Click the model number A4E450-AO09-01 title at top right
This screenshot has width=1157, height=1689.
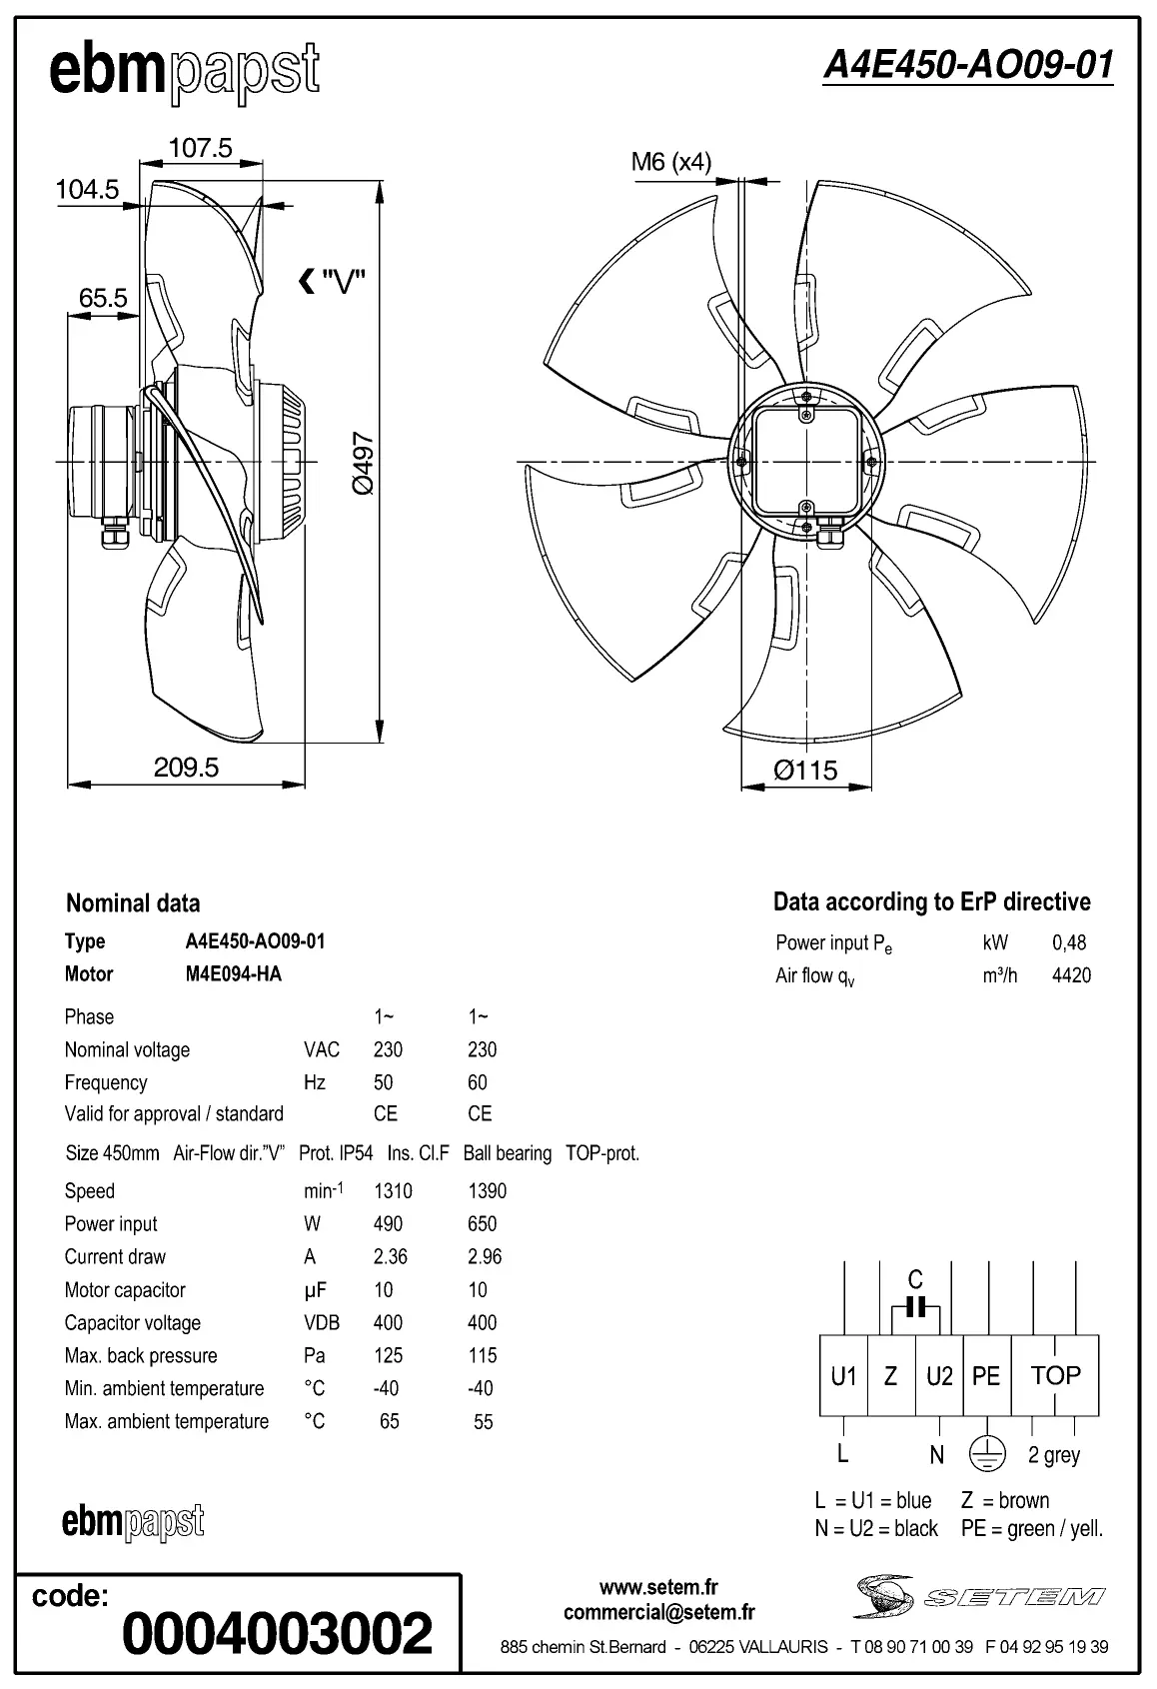click(x=967, y=65)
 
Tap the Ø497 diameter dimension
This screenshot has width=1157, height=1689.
click(x=364, y=463)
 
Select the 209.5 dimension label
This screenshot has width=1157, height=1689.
click(x=186, y=768)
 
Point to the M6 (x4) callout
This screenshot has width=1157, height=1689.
click(x=670, y=161)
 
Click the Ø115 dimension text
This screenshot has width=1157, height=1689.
click(x=805, y=770)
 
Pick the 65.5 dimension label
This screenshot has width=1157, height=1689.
click(x=103, y=298)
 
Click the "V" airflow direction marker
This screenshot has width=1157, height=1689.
click(x=333, y=283)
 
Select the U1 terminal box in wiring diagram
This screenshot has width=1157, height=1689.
click(x=843, y=1376)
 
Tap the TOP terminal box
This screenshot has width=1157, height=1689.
click(x=1055, y=1376)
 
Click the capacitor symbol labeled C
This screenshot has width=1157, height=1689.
click(x=916, y=1306)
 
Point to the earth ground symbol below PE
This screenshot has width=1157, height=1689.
click(x=986, y=1456)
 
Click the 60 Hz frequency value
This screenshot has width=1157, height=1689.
click(x=478, y=1082)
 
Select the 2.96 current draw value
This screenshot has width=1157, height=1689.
click(x=484, y=1256)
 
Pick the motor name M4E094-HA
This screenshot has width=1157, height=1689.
click(x=233, y=973)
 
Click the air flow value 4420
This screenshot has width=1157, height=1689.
click(x=1071, y=975)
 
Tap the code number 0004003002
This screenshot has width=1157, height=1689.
click(x=278, y=1633)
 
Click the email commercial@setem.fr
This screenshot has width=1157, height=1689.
click(x=658, y=1612)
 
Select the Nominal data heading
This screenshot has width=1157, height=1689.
click(x=133, y=903)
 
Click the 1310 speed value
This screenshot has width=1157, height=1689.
click(x=393, y=1191)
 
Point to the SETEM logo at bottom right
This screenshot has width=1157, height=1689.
click(x=979, y=1596)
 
